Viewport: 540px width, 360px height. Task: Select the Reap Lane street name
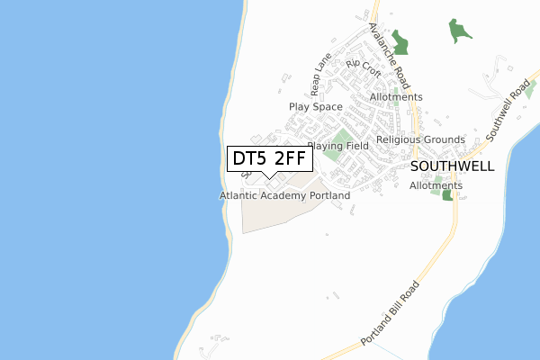(320, 75)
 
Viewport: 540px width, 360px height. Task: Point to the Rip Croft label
(364, 69)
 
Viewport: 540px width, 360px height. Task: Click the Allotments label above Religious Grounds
(396, 97)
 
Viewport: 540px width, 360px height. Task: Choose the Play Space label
(316, 106)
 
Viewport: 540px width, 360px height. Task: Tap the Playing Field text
(338, 146)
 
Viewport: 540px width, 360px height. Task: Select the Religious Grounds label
(420, 139)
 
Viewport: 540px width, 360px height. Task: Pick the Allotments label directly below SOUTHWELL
(436, 185)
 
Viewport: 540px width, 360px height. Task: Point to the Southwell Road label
(508, 110)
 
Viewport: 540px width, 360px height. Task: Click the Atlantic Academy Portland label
(284, 195)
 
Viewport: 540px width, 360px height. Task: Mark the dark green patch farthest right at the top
(462, 31)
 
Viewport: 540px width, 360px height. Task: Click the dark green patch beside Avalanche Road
(398, 41)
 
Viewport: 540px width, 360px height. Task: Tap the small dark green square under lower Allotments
(447, 195)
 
